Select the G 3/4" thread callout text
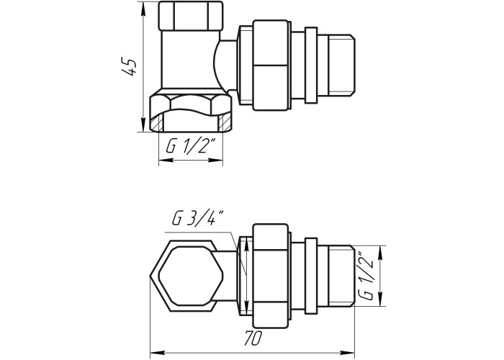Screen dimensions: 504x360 tap(197, 218)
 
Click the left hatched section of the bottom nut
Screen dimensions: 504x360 tap(157, 123)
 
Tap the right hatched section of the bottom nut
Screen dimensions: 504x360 tap(225, 123)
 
